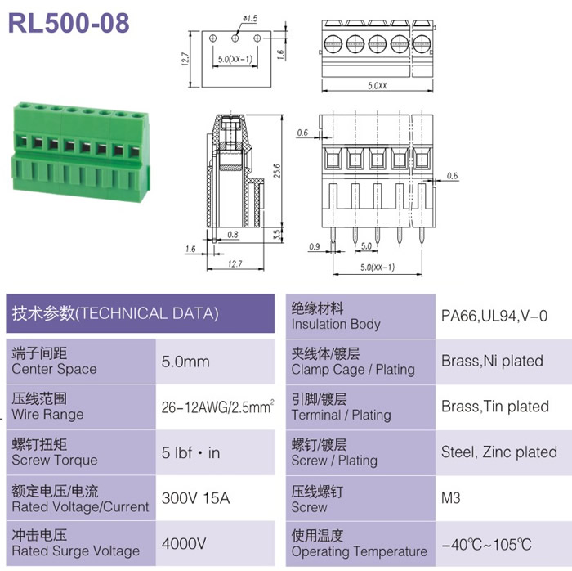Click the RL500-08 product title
point(69,23)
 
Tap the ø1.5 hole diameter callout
point(250,18)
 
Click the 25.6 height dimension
point(277,170)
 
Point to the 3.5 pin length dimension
point(277,235)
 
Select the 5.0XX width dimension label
point(378,86)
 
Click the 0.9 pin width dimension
point(314,246)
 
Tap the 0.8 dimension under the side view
point(233,235)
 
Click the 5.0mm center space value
point(185,362)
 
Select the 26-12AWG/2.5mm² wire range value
point(218,407)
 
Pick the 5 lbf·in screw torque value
point(190,452)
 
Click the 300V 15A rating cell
point(195,498)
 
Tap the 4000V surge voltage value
point(184,544)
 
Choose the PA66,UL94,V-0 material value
point(494,316)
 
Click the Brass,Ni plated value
point(492,361)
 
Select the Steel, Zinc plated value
point(499,452)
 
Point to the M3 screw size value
point(450,498)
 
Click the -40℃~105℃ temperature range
point(486,544)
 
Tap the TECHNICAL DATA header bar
point(140,313)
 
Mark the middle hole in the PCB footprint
point(235,38)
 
